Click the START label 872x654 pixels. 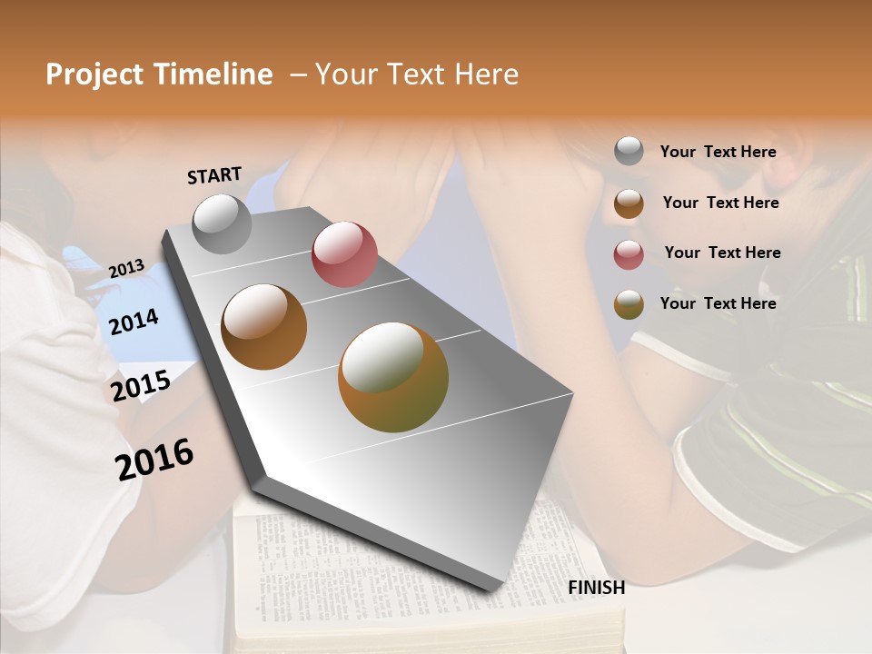coord(214,175)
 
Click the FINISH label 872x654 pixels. coord(596,588)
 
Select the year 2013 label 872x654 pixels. coord(126,269)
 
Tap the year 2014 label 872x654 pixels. coord(134,322)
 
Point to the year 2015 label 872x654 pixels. coord(141,386)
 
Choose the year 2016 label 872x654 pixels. coord(154,459)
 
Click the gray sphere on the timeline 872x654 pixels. coord(223,223)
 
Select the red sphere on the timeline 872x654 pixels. coord(344,254)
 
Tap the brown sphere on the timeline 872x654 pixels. coord(263,327)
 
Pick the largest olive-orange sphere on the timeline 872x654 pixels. coord(393,377)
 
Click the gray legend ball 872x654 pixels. coord(629,152)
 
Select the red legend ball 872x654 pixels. coord(629,253)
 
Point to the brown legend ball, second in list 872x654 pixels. coord(629,203)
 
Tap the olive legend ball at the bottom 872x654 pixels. coord(629,304)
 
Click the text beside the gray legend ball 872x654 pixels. coord(718,152)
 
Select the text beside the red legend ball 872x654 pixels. coord(722,253)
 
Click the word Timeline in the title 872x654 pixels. coord(213,74)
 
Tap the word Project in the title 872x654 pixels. coord(93,74)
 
